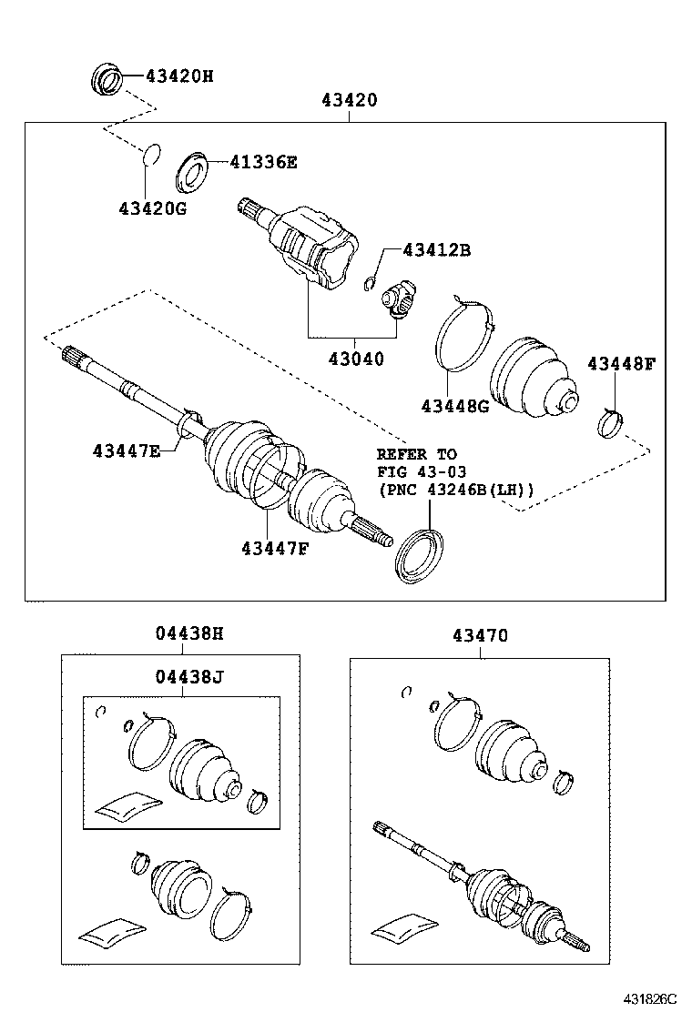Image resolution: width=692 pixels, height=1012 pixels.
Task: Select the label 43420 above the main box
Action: point(348,100)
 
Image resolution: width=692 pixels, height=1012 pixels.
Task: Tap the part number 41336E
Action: point(263,163)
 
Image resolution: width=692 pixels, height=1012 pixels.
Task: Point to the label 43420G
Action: point(152,208)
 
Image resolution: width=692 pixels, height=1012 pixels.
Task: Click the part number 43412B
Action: point(436,250)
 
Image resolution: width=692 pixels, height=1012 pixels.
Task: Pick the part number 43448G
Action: point(454,406)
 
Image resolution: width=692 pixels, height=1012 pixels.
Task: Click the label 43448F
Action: point(621,364)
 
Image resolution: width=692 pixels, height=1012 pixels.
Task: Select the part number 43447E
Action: point(126,450)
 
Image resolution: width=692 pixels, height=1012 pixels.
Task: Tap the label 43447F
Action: point(275,548)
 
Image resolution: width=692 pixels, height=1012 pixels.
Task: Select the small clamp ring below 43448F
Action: point(610,423)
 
